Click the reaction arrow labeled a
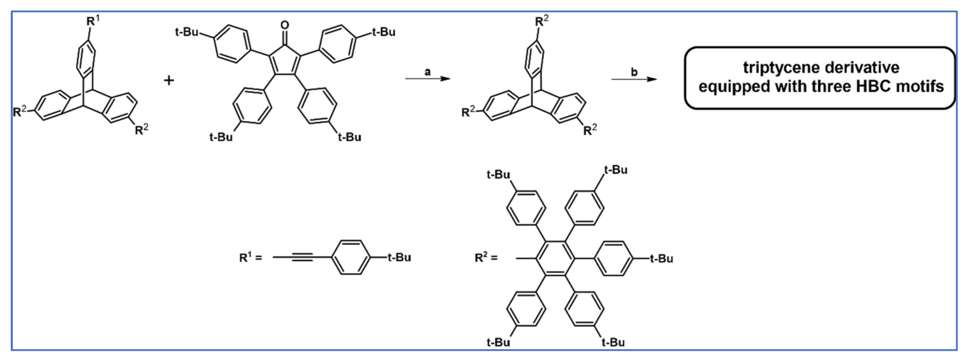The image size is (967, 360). point(428,79)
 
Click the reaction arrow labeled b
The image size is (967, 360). point(634,79)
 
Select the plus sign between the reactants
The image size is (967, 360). point(169,80)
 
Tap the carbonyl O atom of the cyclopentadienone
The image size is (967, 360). point(285,25)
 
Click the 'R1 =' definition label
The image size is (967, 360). point(251,257)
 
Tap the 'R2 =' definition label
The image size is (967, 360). point(486,257)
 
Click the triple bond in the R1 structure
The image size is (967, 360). point(303,257)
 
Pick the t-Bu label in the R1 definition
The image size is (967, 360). point(399,257)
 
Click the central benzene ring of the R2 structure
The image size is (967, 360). point(555,258)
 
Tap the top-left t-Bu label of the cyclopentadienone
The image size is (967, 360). point(187,32)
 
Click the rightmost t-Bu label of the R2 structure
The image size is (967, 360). point(661,259)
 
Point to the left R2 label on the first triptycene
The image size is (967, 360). point(19,111)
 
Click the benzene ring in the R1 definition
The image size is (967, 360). point(351,257)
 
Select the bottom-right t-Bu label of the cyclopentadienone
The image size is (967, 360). point(349,137)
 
